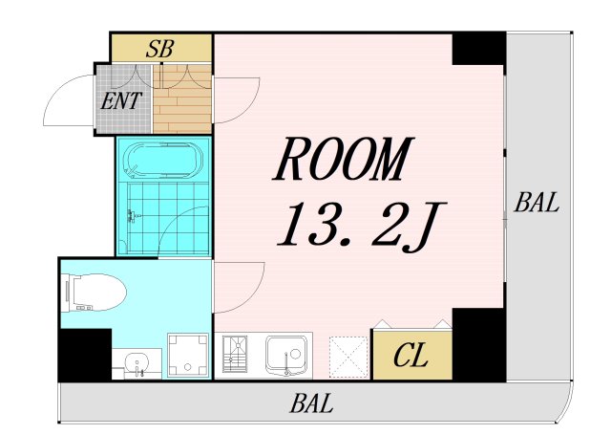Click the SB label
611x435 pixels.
[159, 49]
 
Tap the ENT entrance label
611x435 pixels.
[121, 100]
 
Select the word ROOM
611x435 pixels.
[343, 159]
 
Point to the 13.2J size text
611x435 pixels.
[361, 225]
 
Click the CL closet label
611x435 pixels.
[411, 355]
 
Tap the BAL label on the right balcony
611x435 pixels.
[537, 203]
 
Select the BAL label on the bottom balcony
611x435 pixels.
[311, 403]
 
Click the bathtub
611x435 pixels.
[163, 161]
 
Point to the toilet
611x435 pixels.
[94, 293]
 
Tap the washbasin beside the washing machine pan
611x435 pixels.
[137, 363]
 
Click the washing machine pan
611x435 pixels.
[188, 355]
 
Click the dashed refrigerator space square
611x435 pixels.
[348, 358]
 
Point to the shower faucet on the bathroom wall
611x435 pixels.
[132, 216]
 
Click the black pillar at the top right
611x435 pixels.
[479, 49]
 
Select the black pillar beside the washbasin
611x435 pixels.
[85, 355]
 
